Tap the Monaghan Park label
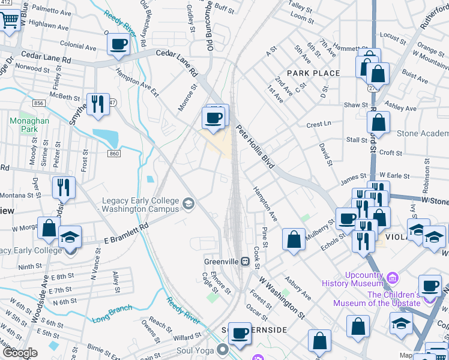pos(25,124)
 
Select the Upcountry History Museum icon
pos(393,277)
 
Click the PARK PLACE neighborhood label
pos(313,73)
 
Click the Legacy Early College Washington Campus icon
pos(188,205)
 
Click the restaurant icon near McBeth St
pos(97,104)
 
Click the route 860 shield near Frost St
pos(114,154)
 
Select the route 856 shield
pos(40,103)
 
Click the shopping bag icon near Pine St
pos(294,239)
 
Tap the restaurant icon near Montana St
pos(62,187)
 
